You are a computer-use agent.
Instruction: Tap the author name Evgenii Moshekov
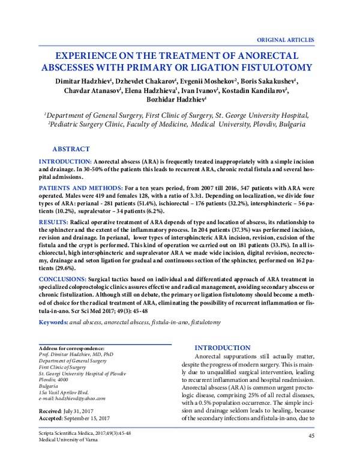tap(206, 80)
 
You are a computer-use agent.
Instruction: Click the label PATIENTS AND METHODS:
tap(81, 189)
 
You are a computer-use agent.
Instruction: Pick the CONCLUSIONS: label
tap(62, 280)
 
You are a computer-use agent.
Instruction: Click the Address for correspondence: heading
tap(71, 348)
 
